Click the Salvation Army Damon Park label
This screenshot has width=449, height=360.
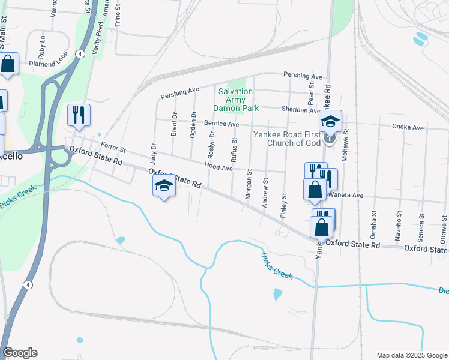[x=238, y=100]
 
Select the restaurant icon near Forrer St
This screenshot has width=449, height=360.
[x=79, y=115]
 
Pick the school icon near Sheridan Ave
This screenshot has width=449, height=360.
[x=330, y=121]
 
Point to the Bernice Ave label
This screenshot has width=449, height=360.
[x=221, y=124]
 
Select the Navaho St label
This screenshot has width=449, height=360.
[x=397, y=222]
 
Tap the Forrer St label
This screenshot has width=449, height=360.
[x=113, y=146]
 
